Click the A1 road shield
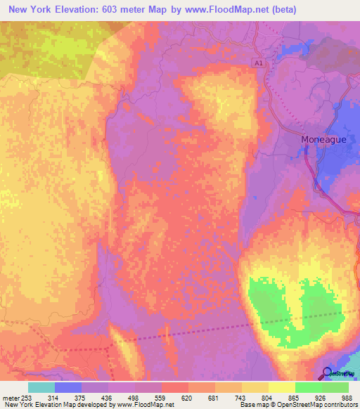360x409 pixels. tap(259, 63)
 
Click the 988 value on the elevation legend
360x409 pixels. tap(345, 398)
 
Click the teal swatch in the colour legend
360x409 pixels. tap(41, 387)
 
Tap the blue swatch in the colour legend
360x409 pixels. tap(68, 387)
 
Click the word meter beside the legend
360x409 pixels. tap(11, 398)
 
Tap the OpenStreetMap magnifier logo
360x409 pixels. tap(328, 372)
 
